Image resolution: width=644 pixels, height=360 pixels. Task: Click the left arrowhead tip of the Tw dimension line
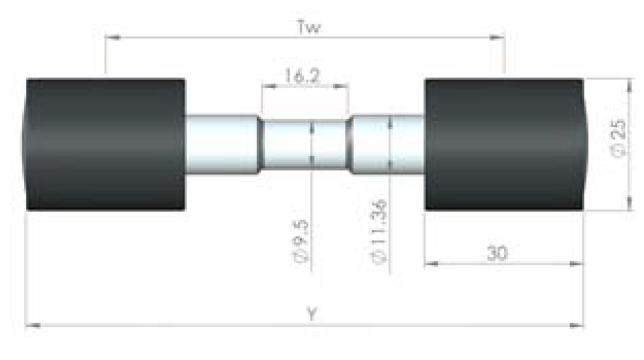[x=106, y=37]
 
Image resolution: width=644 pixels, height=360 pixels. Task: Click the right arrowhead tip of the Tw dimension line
[x=505, y=37]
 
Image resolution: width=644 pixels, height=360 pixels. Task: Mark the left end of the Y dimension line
[x=25, y=326]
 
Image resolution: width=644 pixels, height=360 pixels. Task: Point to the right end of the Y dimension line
[x=584, y=326]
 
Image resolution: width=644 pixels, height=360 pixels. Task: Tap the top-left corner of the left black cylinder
[x=27, y=79]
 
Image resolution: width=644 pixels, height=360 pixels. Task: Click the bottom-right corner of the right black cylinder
[x=583, y=210]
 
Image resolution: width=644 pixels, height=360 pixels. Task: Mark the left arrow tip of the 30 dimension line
[x=425, y=263]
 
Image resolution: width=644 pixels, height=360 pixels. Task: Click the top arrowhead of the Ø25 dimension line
[x=629, y=79]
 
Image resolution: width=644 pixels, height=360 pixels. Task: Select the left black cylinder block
[x=105, y=144]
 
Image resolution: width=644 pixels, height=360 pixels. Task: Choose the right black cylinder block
[x=505, y=144]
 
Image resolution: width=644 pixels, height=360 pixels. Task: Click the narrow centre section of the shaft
[x=304, y=145]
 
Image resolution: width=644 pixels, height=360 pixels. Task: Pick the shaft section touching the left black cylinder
[x=222, y=144]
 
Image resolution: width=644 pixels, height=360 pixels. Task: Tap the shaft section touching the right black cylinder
[x=388, y=144]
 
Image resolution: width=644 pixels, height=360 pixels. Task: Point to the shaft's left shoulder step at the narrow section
[x=260, y=145]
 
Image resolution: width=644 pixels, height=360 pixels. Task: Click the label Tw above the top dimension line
[x=309, y=27]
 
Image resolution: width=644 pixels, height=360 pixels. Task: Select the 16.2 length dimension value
[x=302, y=76]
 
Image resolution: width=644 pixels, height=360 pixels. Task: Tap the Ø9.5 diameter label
[x=300, y=241]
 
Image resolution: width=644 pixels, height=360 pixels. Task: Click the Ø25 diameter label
[x=619, y=138]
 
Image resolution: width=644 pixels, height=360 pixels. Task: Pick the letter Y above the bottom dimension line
[x=312, y=314]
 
